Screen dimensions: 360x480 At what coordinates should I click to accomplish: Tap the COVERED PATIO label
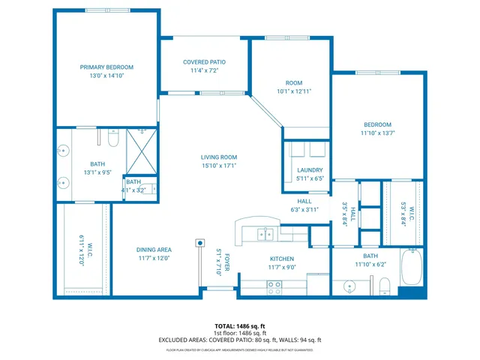pos(204,62)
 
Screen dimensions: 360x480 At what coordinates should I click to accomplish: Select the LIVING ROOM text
pos(218,157)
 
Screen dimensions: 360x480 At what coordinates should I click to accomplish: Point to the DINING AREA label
pos(154,250)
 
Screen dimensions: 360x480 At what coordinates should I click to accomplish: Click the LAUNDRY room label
pos(309,170)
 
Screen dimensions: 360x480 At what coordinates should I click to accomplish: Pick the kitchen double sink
pos(265,233)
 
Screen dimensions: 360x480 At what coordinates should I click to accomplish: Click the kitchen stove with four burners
pos(274,286)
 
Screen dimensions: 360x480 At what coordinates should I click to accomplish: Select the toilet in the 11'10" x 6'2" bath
pos(383,285)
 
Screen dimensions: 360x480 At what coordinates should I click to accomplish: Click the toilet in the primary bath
pos(112,139)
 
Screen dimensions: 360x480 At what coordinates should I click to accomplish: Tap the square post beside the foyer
pos(200,243)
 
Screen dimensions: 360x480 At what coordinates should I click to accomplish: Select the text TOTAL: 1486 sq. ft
pos(240,326)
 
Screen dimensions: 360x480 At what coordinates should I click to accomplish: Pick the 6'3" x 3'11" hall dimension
pos(304,209)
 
